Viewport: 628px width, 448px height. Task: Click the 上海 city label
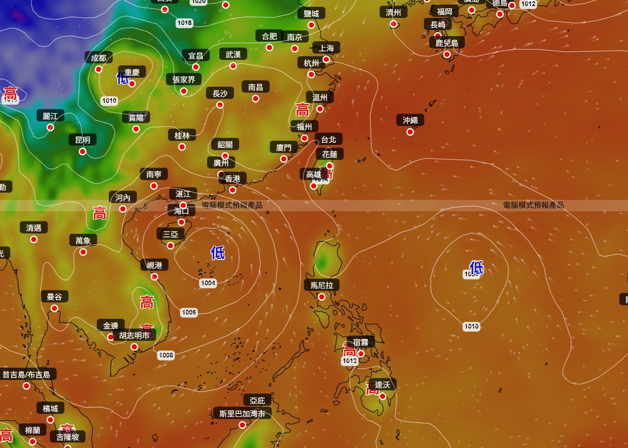coord(327,48)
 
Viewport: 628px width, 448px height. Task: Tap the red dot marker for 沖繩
coord(410,132)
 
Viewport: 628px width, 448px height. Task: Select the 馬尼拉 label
coord(321,285)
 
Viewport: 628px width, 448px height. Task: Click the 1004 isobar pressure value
coord(208,283)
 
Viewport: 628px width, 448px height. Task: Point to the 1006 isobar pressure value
coord(189,312)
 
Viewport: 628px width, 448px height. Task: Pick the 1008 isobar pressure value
coord(166,355)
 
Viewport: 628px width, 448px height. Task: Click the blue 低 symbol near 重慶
coord(122,78)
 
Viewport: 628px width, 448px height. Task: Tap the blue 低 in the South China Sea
coord(218,253)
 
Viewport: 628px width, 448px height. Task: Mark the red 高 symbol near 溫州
coord(302,110)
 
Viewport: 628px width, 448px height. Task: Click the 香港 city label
coord(233,179)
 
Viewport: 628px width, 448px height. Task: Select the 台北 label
coord(328,139)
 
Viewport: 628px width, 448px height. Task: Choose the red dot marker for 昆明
coord(82,151)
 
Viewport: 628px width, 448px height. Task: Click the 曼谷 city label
coord(54,297)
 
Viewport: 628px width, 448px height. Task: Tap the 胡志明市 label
coord(134,335)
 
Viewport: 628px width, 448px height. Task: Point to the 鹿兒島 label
coord(446,43)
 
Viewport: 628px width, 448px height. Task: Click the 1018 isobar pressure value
coord(185,23)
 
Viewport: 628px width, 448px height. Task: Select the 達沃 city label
coord(382,385)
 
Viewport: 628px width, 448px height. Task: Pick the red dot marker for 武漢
coord(233,66)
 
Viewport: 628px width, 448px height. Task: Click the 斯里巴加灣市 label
coord(242,414)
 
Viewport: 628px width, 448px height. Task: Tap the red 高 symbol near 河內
coord(99,213)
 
